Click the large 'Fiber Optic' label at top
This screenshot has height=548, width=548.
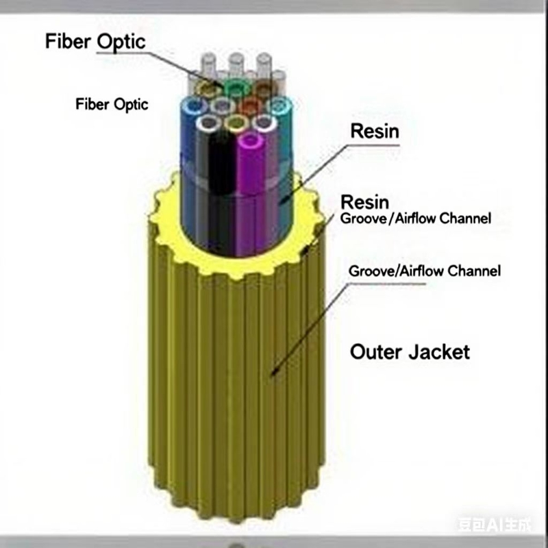(95, 41)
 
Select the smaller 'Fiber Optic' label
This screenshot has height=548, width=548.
(112, 105)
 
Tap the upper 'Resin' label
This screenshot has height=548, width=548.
(374, 131)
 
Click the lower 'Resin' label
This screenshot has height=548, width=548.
(365, 202)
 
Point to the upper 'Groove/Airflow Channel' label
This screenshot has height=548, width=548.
(416, 220)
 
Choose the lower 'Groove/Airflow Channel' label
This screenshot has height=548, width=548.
(425, 271)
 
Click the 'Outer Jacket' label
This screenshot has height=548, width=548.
(410, 352)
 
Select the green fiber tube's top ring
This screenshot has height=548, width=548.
(236, 88)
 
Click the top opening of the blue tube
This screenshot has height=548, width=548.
(194, 106)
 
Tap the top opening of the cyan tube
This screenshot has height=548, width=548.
(278, 106)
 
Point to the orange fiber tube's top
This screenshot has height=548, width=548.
(251, 105)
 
